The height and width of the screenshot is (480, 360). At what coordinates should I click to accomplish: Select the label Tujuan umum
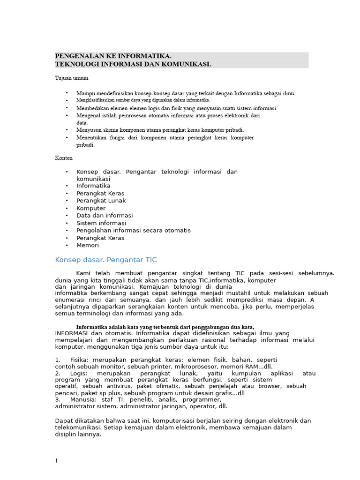tap(72, 78)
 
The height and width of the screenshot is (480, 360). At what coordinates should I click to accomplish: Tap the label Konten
tap(64, 158)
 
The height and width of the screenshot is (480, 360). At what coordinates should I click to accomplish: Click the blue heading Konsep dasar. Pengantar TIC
tap(106, 260)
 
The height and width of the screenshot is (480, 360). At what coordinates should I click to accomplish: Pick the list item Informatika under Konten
tap(93, 186)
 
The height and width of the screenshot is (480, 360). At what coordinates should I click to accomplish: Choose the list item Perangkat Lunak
tap(101, 201)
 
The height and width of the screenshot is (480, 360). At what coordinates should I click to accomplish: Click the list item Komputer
tap(91, 208)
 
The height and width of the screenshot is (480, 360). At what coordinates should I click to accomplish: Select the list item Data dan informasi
tap(105, 216)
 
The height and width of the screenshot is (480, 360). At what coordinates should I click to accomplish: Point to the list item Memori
tap(88, 245)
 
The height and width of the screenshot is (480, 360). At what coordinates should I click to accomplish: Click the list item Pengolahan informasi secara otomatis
tap(134, 230)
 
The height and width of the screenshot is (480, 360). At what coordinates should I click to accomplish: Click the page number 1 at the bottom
tap(57, 461)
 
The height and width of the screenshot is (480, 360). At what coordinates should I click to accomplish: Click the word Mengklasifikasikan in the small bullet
tap(94, 100)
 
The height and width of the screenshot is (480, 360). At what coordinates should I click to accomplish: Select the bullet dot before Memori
tap(67, 245)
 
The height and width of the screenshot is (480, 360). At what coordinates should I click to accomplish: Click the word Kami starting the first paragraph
tap(83, 273)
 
